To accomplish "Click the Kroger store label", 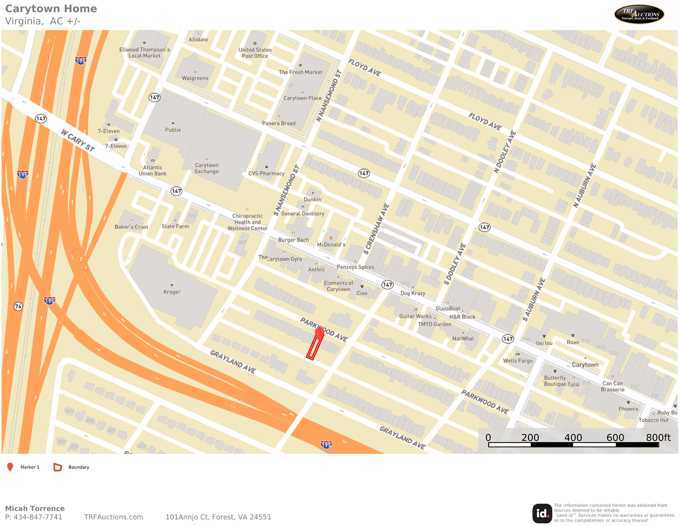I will [x=172, y=292].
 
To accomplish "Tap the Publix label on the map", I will [x=173, y=130].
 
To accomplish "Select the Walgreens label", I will [x=195, y=78].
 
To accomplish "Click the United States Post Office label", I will [x=255, y=53].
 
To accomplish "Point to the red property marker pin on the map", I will [x=319, y=333].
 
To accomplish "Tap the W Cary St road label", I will [x=78, y=140].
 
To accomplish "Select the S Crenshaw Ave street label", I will [x=376, y=229].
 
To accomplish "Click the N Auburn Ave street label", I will [x=585, y=185].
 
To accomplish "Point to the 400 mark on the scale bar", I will [x=573, y=437].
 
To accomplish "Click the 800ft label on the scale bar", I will [x=658, y=437].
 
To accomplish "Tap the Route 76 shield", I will [x=18, y=306].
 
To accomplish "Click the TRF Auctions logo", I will [x=639, y=14].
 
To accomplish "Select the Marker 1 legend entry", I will [x=30, y=467].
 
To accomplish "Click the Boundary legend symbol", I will [x=58, y=467].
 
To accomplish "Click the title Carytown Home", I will [x=51, y=9].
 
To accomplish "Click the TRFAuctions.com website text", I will [x=113, y=517].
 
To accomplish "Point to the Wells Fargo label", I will [x=518, y=361].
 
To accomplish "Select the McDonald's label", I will [x=331, y=244].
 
